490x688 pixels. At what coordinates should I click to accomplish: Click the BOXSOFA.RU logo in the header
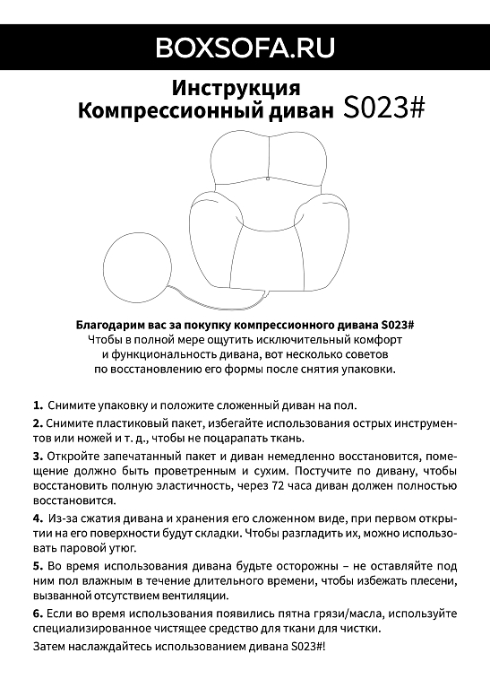click(245, 46)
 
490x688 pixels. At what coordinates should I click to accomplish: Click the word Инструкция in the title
click(235, 89)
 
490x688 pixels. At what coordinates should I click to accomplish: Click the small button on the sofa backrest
click(267, 179)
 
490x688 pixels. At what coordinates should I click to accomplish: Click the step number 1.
click(38, 405)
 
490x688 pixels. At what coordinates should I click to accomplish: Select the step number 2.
click(38, 422)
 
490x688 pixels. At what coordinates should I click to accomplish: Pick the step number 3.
click(38, 457)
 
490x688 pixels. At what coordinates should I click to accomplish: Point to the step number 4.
click(38, 518)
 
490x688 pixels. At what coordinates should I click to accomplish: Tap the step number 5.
click(38, 566)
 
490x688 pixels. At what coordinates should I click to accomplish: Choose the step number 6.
click(38, 614)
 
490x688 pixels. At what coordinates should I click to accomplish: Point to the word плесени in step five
click(425, 580)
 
